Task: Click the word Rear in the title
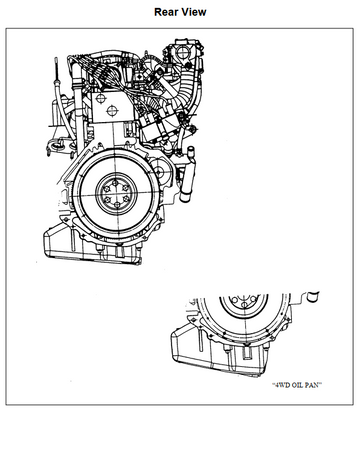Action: (x=166, y=12)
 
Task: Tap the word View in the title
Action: (x=194, y=12)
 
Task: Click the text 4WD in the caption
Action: (x=282, y=385)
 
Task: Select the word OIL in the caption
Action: (x=298, y=385)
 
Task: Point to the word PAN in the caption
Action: (x=313, y=385)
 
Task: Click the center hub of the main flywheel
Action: (x=116, y=194)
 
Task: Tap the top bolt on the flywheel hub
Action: (x=115, y=183)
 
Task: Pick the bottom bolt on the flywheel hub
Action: (x=117, y=204)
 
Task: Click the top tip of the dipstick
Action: (x=56, y=58)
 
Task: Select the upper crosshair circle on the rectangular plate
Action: (x=100, y=98)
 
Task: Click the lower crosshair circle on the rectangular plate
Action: (x=111, y=111)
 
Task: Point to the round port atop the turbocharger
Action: (x=183, y=52)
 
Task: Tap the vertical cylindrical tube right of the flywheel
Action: (x=185, y=174)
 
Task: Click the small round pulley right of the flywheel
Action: (x=159, y=172)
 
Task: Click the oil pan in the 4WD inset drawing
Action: (x=219, y=354)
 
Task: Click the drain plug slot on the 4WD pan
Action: (x=247, y=353)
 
